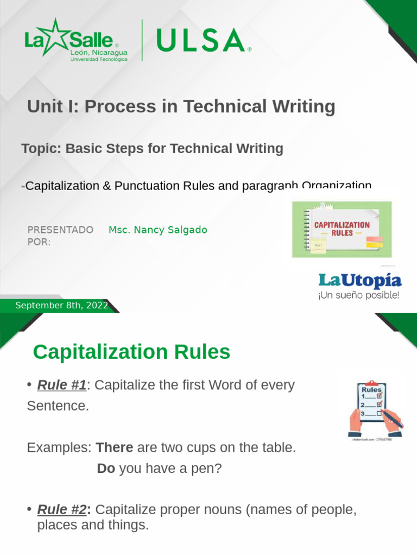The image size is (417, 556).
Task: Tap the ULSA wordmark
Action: tap(199, 41)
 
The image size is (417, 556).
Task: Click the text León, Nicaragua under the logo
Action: tap(99, 52)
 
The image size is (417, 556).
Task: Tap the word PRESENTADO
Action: tap(60, 230)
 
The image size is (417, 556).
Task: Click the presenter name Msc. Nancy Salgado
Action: tap(157, 230)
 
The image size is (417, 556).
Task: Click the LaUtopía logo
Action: tap(359, 280)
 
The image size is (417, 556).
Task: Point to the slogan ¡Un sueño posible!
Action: tap(359, 296)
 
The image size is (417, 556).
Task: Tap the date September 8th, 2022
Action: tap(61, 305)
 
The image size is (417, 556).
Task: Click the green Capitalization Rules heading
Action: tap(131, 352)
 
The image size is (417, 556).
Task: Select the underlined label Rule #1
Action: tap(61, 386)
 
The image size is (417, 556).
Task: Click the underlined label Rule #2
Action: tap(61, 510)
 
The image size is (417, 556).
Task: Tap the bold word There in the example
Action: tap(114, 448)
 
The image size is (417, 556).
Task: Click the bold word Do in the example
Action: tap(106, 468)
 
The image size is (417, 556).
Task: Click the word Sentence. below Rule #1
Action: tap(58, 406)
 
